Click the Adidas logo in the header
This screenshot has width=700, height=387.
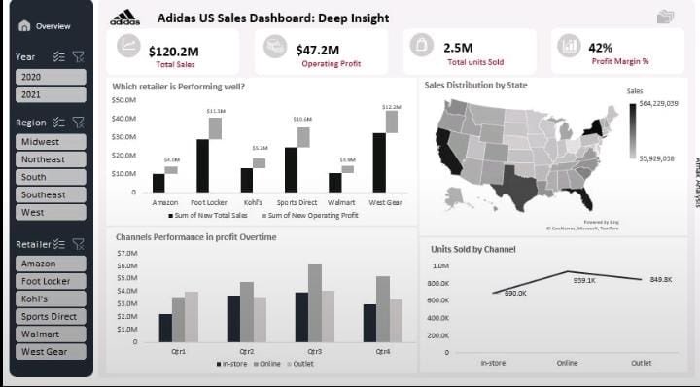(x=124, y=17)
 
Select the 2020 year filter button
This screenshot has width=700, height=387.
(x=51, y=77)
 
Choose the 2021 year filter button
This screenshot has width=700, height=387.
(x=51, y=94)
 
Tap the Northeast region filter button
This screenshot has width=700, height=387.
(x=51, y=159)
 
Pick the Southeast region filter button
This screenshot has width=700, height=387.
(x=51, y=194)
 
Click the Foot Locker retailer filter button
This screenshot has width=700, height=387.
(x=51, y=281)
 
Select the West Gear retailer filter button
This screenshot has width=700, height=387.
(x=51, y=351)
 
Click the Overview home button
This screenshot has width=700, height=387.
(x=45, y=26)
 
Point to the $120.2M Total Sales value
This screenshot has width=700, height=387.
(x=173, y=49)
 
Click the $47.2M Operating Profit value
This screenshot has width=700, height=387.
(x=317, y=50)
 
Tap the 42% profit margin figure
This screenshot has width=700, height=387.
(x=601, y=48)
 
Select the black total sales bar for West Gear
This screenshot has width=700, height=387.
(x=379, y=162)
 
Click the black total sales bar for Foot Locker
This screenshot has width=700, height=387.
(x=202, y=165)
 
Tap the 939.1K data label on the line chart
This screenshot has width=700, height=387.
(x=583, y=280)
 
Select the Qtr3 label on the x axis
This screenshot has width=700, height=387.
(x=314, y=351)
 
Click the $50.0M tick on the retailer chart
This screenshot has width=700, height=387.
(x=123, y=99)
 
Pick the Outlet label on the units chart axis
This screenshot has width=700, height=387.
(x=641, y=363)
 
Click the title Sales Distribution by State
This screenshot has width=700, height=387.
(x=476, y=86)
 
